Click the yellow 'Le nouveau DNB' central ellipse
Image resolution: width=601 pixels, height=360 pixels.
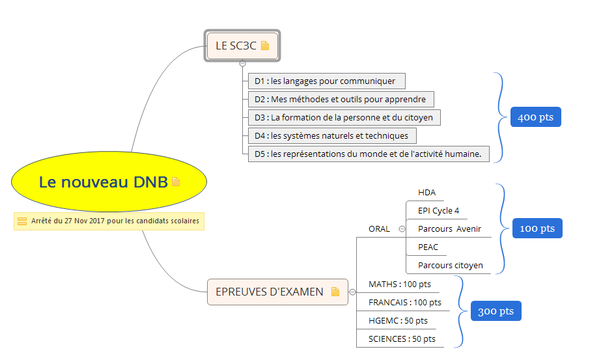(x=109, y=182)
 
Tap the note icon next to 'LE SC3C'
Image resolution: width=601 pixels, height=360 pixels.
(x=265, y=46)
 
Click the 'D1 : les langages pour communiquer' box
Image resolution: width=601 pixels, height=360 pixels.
(x=326, y=81)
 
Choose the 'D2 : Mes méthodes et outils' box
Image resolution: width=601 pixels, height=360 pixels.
(x=341, y=100)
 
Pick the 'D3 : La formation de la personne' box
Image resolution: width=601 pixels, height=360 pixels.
(x=344, y=118)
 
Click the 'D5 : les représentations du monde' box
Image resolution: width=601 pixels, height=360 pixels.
(x=368, y=154)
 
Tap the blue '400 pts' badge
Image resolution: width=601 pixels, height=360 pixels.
(x=535, y=118)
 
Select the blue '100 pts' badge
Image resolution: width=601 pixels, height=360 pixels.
(x=537, y=228)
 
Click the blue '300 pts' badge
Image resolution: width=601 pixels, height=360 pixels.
(x=496, y=311)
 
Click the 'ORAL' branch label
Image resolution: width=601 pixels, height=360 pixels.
(x=379, y=229)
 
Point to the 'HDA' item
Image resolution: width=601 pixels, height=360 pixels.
(x=427, y=193)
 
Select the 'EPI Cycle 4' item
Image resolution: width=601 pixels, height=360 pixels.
(x=438, y=211)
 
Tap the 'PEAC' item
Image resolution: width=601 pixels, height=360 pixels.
(x=428, y=247)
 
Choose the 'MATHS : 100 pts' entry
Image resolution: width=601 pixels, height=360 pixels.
(x=399, y=284)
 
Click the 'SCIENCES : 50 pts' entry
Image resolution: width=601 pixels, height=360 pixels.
(x=402, y=339)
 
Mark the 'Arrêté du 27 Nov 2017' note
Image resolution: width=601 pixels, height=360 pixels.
(x=109, y=221)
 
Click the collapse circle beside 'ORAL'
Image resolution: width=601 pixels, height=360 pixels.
(x=402, y=229)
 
